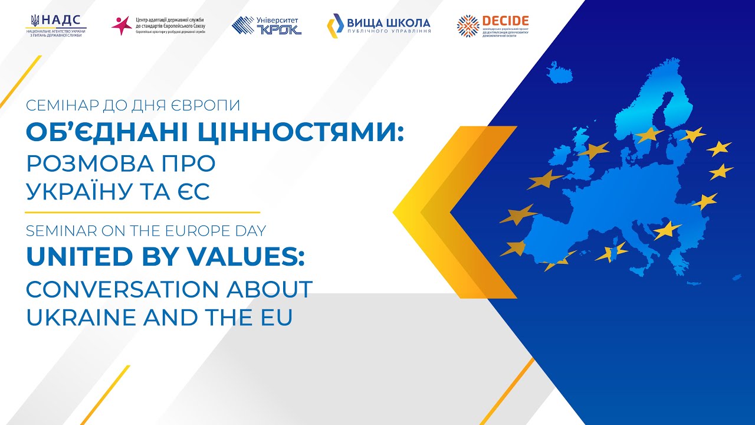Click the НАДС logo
point(56,25)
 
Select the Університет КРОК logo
point(267,25)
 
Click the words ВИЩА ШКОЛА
point(388,23)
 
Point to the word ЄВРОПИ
point(206,107)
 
